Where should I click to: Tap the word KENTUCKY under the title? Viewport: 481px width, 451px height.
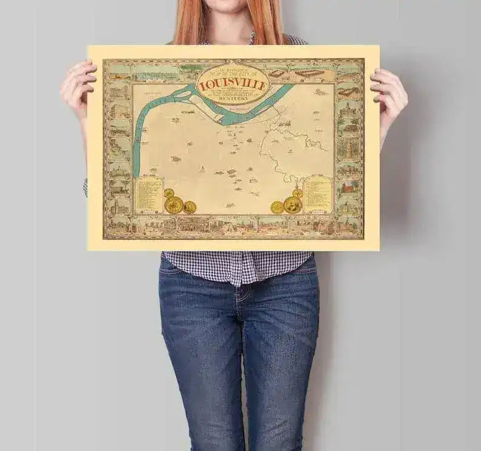233,98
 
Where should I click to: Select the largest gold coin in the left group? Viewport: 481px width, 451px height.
174,205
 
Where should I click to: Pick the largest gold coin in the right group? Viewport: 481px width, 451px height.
293,204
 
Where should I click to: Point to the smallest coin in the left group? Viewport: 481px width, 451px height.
169,193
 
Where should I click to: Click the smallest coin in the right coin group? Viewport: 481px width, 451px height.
297,193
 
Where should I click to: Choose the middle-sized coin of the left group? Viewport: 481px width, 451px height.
190,207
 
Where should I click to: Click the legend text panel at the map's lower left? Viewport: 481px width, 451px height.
148,195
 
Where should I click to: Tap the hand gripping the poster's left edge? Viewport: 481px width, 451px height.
79,88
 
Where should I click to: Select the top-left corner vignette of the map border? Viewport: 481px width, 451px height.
118,71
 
